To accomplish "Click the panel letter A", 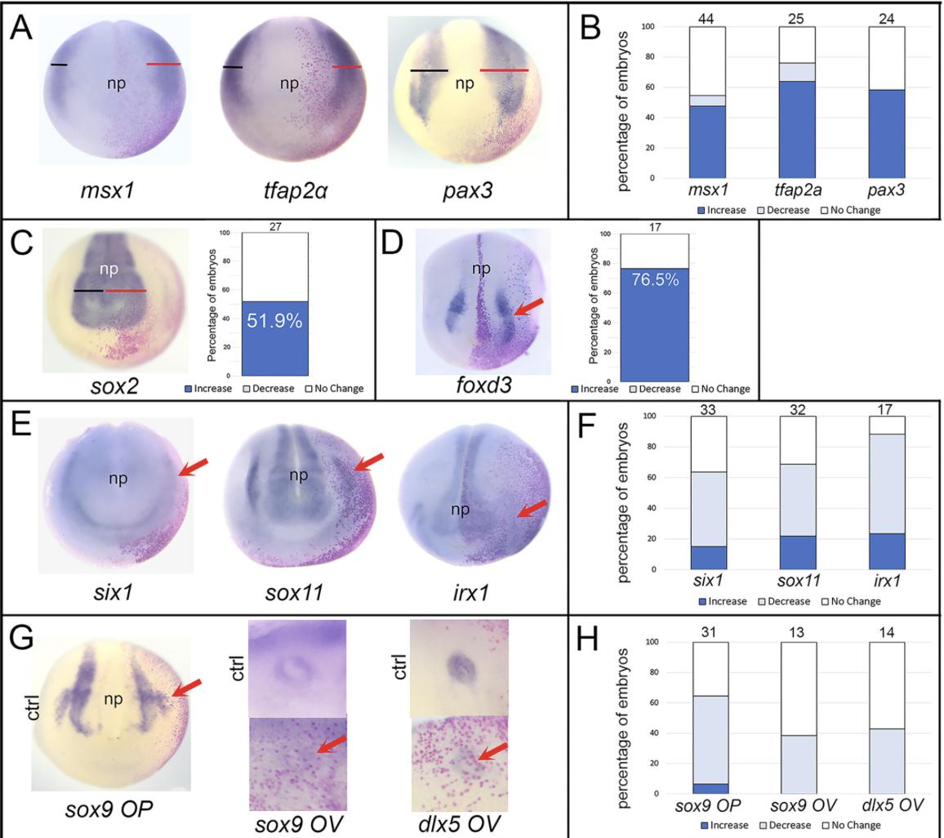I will coord(21,31).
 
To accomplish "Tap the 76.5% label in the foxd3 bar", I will coord(655,279).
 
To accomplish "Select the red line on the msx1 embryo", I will coord(163,64).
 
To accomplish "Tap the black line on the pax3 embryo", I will coord(429,71).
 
